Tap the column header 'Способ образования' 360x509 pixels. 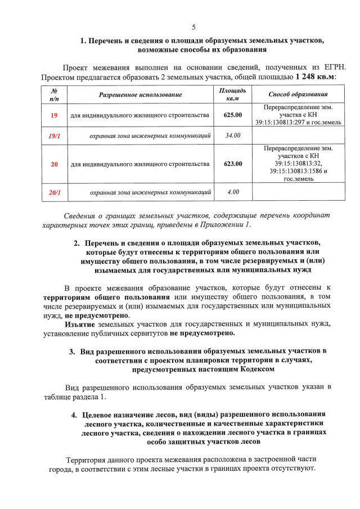tap(298, 94)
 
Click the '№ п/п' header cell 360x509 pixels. tap(55, 94)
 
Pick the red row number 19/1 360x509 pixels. tap(55, 136)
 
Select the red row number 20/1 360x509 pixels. tap(55, 192)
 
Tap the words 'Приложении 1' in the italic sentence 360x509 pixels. tap(225, 225)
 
